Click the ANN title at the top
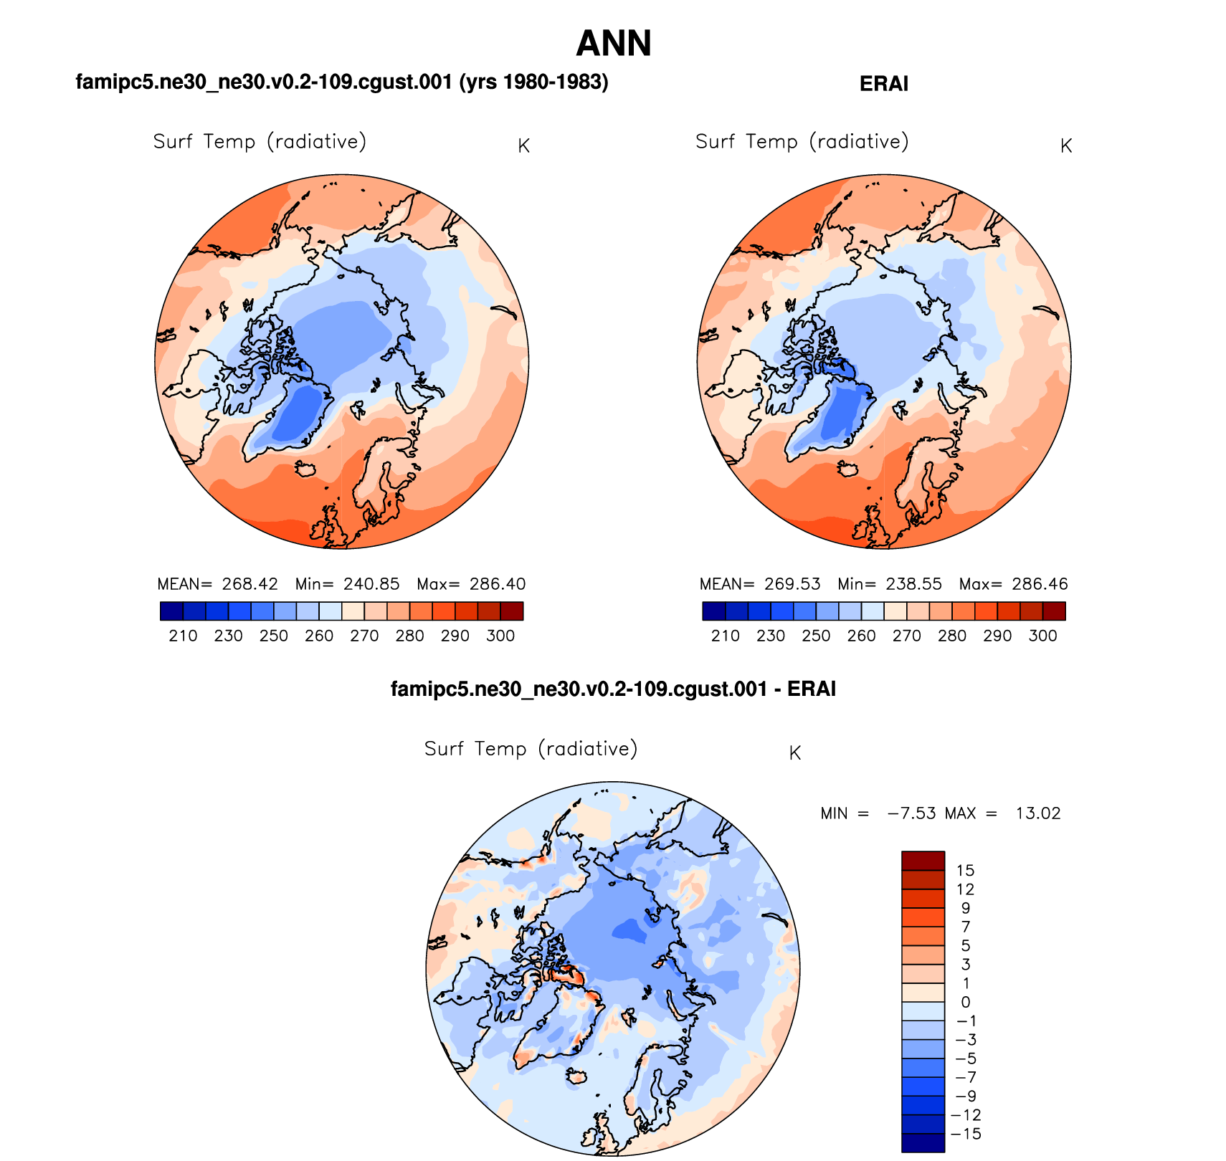click(x=613, y=43)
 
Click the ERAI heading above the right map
click(x=883, y=84)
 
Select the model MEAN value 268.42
click(x=250, y=584)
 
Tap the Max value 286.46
click(x=1040, y=584)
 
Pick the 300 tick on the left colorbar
click(x=500, y=636)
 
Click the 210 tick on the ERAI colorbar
click(x=725, y=636)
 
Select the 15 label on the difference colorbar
click(x=965, y=870)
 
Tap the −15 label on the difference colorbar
click(x=965, y=1134)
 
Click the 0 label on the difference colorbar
click(x=965, y=1002)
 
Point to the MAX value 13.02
click(x=1037, y=813)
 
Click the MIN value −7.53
click(x=911, y=813)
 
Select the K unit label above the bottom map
click(x=794, y=753)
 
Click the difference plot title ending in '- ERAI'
click(x=613, y=689)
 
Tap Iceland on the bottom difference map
click(x=576, y=1076)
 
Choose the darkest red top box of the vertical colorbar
click(x=923, y=860)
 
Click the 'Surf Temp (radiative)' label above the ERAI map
click(x=802, y=142)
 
